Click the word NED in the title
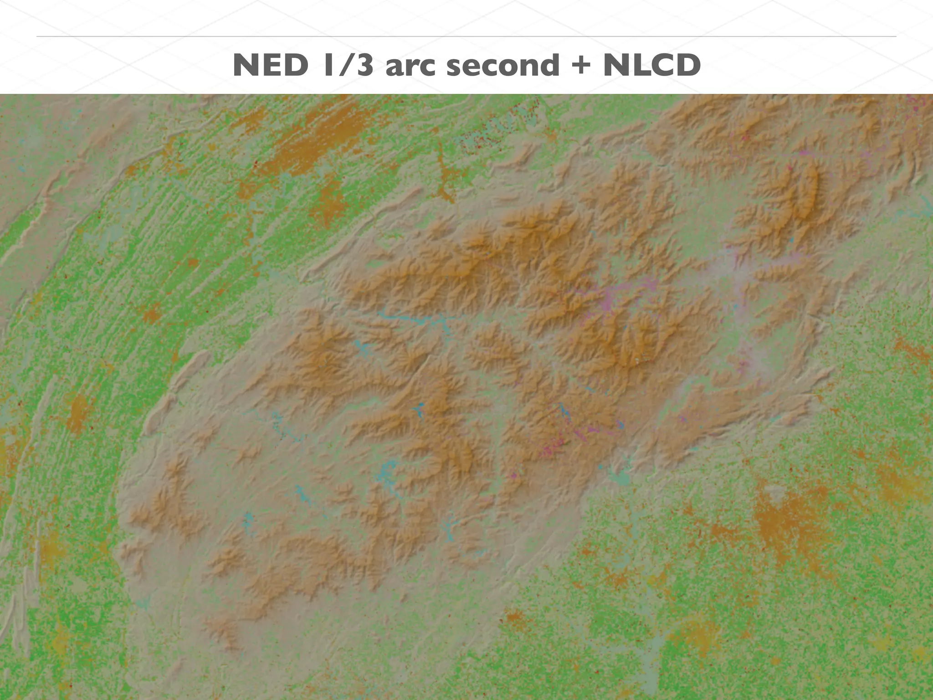point(270,65)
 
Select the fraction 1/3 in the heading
point(347,65)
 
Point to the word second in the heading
point(502,65)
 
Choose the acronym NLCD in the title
point(651,65)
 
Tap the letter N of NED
point(247,65)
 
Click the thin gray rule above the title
point(466,36)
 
